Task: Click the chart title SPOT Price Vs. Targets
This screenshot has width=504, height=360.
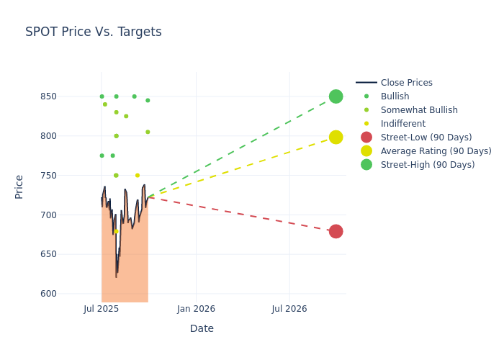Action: coord(93,32)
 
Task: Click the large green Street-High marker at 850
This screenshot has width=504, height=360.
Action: coord(336,96)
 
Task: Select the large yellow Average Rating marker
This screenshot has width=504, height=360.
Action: coord(336,137)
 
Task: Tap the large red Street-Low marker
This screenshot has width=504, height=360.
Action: coord(336,231)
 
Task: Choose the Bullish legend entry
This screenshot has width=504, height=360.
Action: coord(395,96)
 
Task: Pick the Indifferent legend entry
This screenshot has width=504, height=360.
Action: coord(402,124)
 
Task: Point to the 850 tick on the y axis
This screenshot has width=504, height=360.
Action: coord(48,96)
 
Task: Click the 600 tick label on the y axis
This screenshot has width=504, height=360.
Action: coord(48,294)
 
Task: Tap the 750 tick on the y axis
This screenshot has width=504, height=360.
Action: coord(48,176)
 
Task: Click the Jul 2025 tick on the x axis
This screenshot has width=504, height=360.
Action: coord(102,309)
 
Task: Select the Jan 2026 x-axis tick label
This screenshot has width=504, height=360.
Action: coord(196,309)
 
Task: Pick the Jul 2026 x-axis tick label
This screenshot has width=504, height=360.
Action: coord(289,309)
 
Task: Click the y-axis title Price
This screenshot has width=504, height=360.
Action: coord(19,186)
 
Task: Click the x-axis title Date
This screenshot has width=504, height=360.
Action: coord(202,328)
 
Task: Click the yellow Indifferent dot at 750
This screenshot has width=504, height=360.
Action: coord(138,176)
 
